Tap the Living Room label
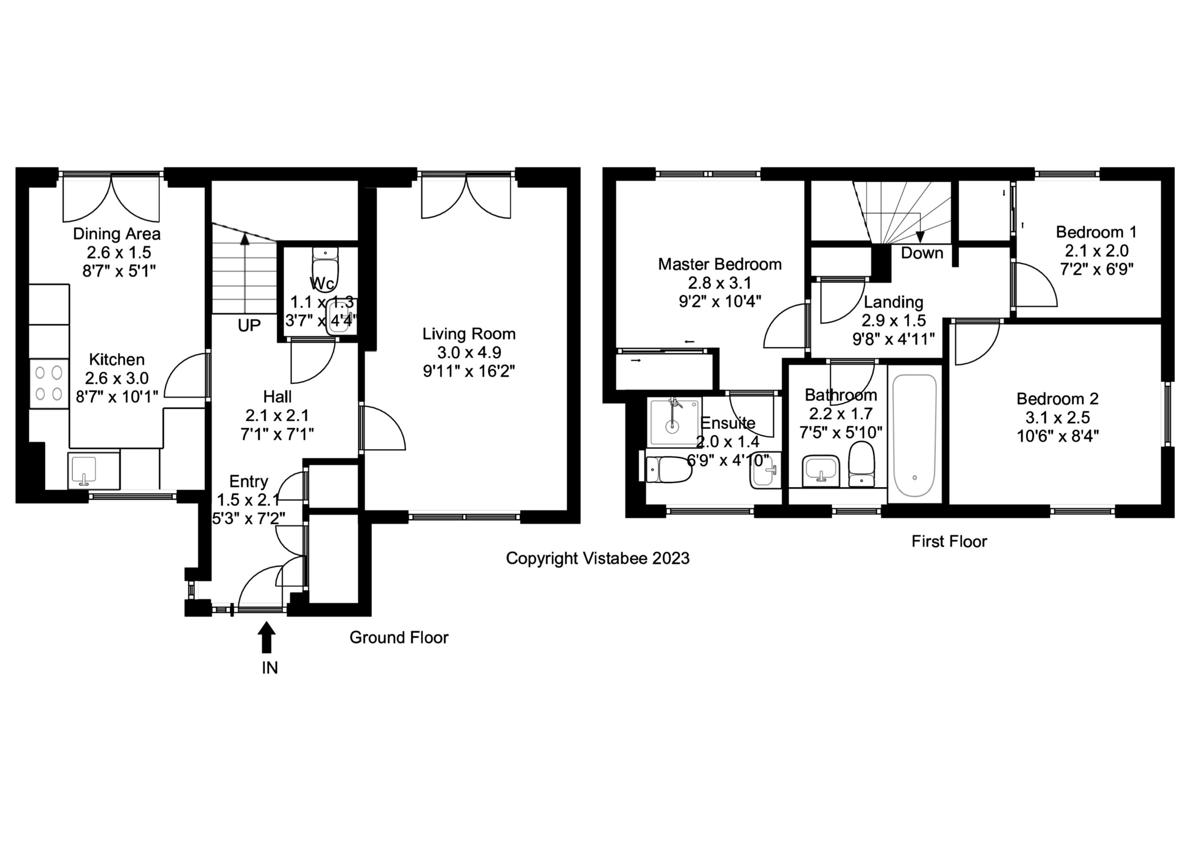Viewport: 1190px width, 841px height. point(468,334)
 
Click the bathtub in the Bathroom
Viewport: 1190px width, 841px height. point(914,435)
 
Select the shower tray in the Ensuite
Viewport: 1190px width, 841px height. point(673,422)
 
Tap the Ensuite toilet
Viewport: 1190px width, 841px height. point(669,469)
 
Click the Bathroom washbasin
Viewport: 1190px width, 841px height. point(820,470)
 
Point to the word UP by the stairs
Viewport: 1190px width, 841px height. point(249,325)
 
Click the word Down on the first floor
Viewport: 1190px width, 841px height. point(921,253)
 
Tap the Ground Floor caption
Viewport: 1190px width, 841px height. point(399,637)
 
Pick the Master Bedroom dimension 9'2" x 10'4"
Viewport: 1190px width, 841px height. point(720,301)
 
